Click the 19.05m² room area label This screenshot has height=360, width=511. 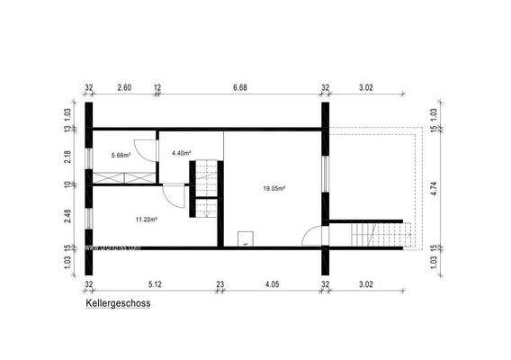(x=274, y=188)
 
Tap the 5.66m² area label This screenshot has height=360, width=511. (x=121, y=155)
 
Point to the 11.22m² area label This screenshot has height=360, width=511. (x=146, y=219)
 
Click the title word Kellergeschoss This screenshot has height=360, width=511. (x=118, y=304)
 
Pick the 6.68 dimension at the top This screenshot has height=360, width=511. (x=239, y=87)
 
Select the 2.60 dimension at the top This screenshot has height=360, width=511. (x=124, y=87)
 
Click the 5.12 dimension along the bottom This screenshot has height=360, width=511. (x=154, y=283)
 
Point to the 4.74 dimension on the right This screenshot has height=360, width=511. (x=433, y=188)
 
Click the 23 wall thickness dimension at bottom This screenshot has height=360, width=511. (x=220, y=283)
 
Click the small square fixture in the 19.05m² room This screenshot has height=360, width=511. (x=244, y=238)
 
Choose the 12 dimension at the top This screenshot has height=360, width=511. (x=157, y=87)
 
